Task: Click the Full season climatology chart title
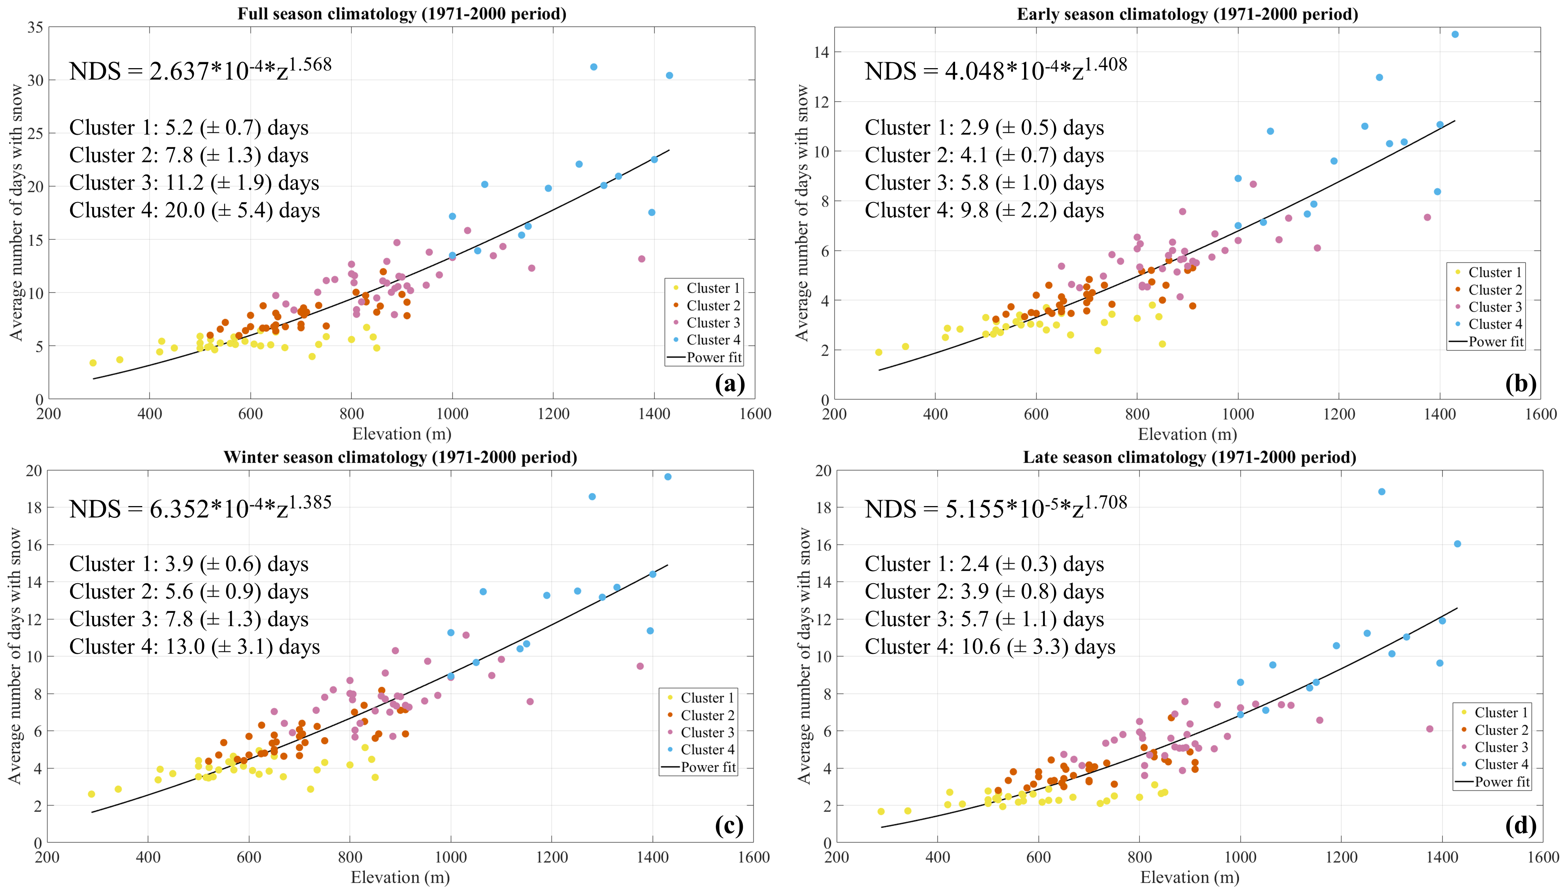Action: click(402, 13)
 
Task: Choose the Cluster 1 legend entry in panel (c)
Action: click(706, 697)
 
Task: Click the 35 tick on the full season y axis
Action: click(35, 27)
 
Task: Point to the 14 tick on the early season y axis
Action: click(821, 52)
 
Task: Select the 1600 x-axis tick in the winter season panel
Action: click(753, 857)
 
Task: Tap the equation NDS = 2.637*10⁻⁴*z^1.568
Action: click(200, 70)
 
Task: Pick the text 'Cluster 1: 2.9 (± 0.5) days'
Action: click(984, 127)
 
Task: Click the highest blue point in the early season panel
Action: click(1455, 34)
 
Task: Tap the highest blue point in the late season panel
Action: click(1381, 492)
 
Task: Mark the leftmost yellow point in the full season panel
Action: click(93, 363)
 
